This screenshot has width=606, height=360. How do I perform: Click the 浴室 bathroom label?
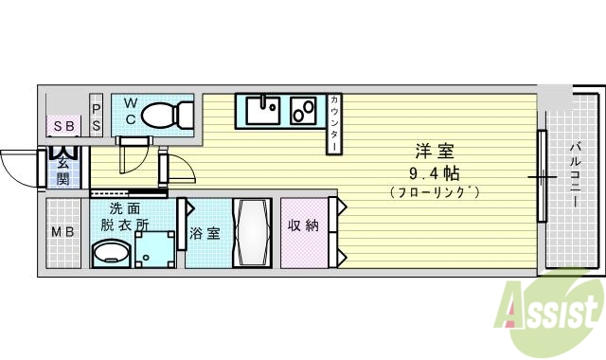pyautogui.click(x=205, y=233)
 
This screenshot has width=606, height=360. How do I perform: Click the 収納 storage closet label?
pyautogui.click(x=304, y=225)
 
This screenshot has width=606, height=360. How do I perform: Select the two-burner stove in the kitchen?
pyautogui.click(x=306, y=111)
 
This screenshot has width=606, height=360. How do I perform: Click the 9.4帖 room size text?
pyautogui.click(x=434, y=173)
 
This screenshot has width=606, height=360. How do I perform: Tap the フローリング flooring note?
pyautogui.click(x=434, y=192)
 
